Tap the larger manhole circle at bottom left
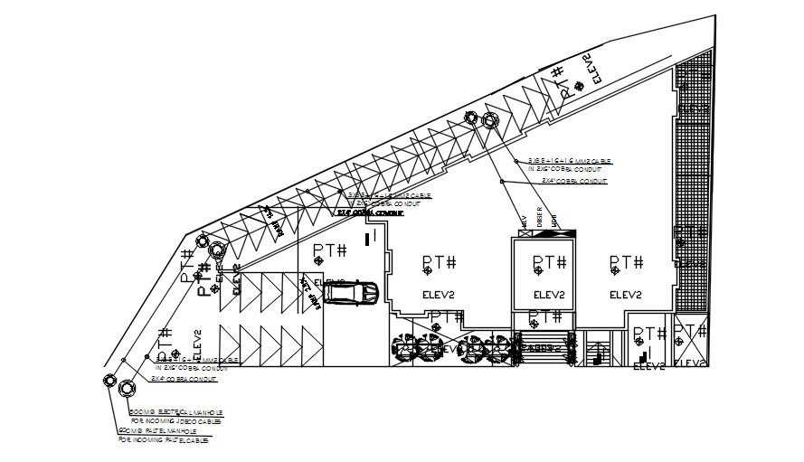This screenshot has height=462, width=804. coord(126,389)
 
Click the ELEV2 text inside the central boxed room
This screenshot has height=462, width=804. coord(549,295)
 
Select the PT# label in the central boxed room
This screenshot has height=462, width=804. coord(549,262)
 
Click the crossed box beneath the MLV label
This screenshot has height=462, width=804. coord(521,234)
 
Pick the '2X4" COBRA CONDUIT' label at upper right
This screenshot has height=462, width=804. coord(573,181)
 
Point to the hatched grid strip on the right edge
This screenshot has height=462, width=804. coord(693,181)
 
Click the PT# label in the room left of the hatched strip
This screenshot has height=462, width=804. coord(626,262)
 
